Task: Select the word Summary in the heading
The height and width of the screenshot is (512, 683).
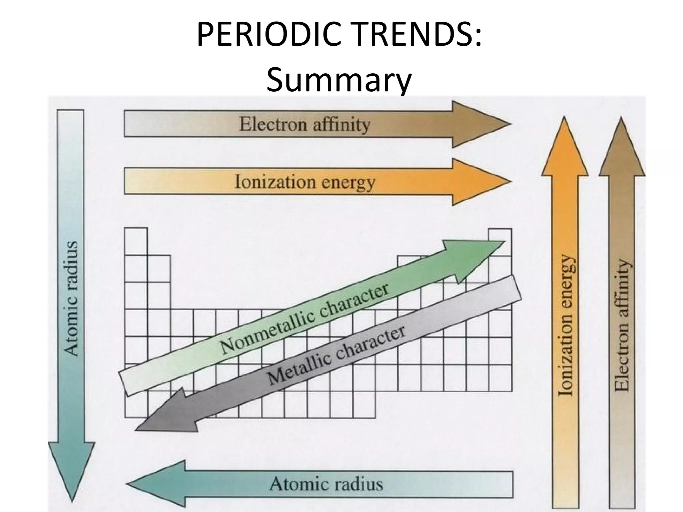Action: point(339,81)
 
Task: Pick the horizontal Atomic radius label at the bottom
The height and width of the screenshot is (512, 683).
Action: point(326,484)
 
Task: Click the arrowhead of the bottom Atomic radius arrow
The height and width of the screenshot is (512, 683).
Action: point(153,484)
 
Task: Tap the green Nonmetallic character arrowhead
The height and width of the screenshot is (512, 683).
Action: point(474,257)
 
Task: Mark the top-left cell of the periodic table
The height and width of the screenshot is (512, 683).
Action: point(136,241)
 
